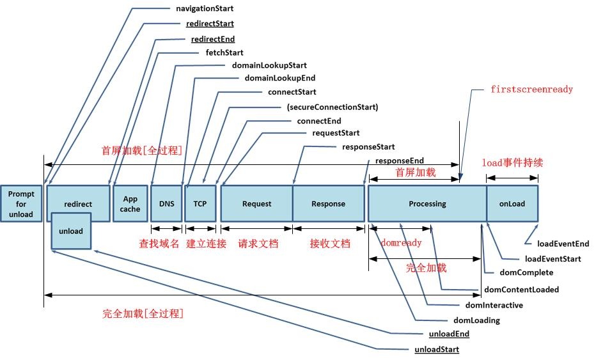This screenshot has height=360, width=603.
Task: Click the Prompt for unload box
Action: [x=21, y=203]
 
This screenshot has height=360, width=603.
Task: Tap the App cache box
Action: [x=130, y=203]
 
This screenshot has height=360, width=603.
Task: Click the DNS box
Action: [x=166, y=203]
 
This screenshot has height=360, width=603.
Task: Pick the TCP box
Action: [x=200, y=203]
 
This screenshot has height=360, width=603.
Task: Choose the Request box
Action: [x=256, y=203]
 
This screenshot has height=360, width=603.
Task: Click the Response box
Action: [x=328, y=203]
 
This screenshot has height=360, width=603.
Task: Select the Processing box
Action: [x=427, y=203]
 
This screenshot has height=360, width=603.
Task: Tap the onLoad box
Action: [x=512, y=203]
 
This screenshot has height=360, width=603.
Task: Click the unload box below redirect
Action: [x=71, y=231]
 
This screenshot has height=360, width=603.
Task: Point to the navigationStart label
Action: [x=204, y=9]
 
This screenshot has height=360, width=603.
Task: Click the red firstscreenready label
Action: [x=531, y=90]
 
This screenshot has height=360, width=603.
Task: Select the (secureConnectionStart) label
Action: [x=332, y=107]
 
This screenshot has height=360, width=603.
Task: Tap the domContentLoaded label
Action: [x=521, y=290]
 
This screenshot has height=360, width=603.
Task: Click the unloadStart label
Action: [x=437, y=349]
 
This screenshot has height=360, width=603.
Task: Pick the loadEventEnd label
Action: [x=563, y=244]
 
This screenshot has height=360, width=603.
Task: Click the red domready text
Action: [x=401, y=243]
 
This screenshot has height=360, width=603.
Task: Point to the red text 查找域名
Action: [x=159, y=244]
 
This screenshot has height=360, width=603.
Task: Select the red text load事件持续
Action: [x=512, y=162]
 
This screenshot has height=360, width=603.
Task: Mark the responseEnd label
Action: [x=399, y=160]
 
